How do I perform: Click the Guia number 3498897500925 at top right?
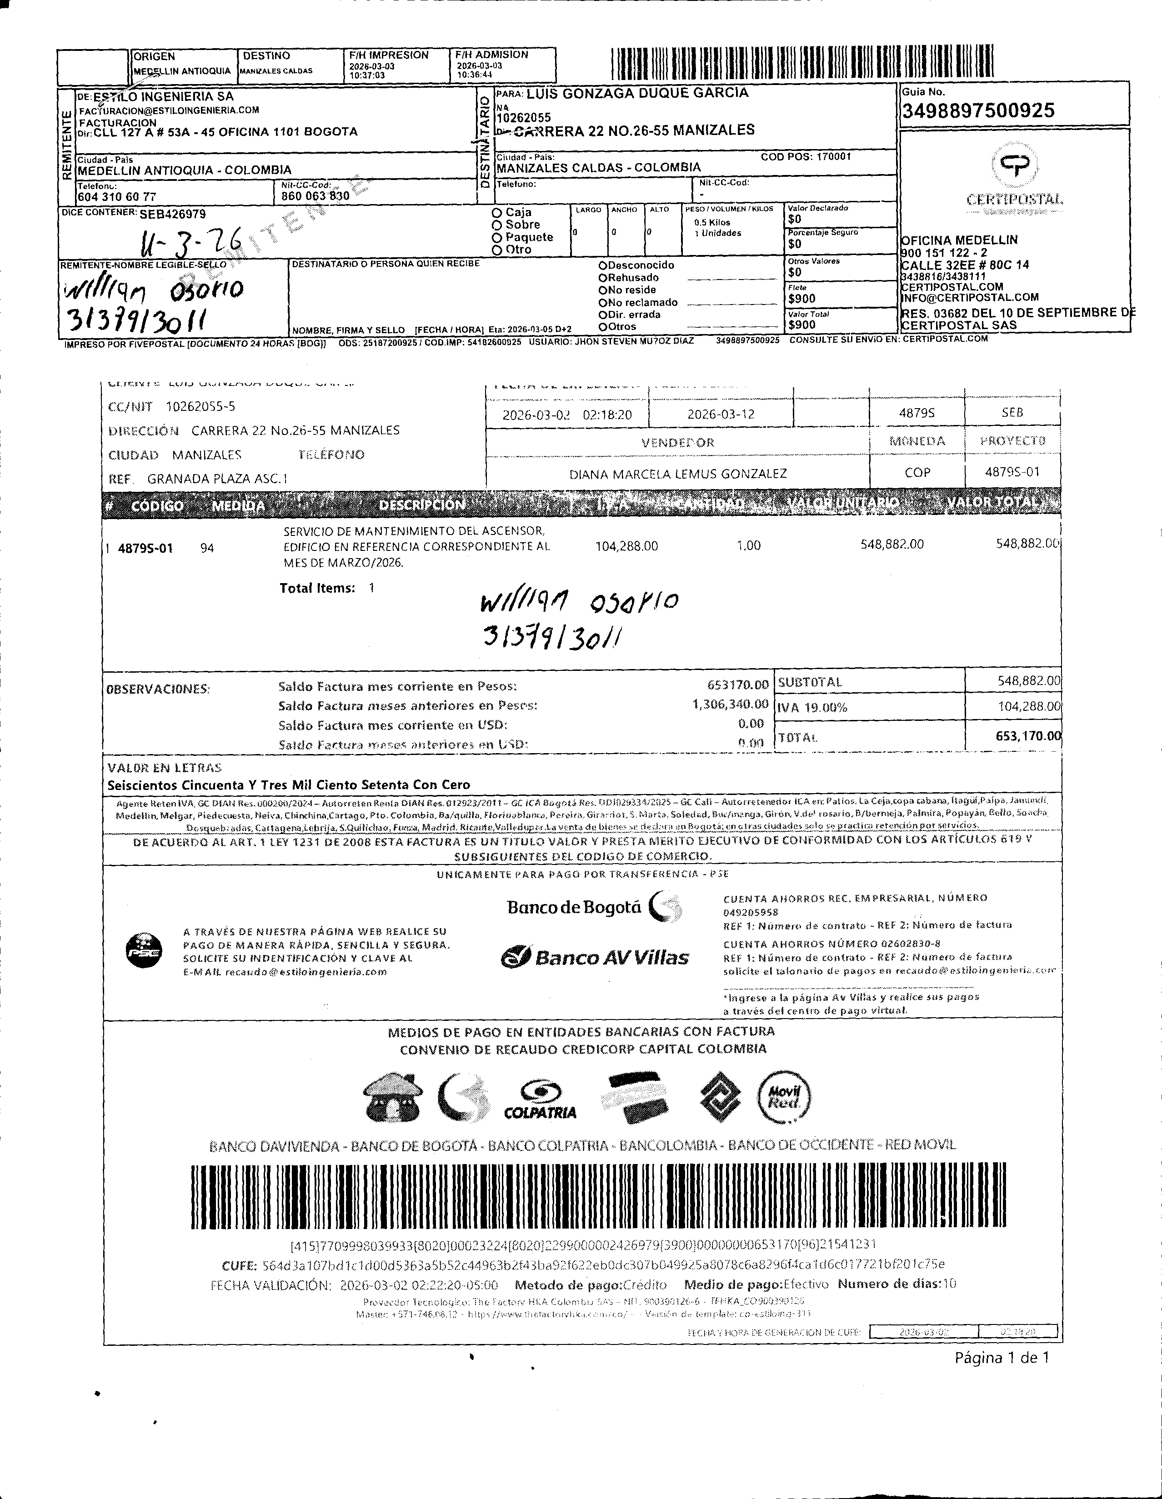[977, 110]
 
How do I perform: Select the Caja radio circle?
[496, 213]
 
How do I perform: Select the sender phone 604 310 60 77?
[117, 196]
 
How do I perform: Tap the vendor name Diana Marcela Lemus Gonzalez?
[677, 474]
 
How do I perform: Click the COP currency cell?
[917, 473]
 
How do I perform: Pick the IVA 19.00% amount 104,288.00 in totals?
[1028, 706]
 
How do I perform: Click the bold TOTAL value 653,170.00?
[1027, 736]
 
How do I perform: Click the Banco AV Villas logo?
[594, 957]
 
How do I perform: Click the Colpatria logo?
[540, 1099]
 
